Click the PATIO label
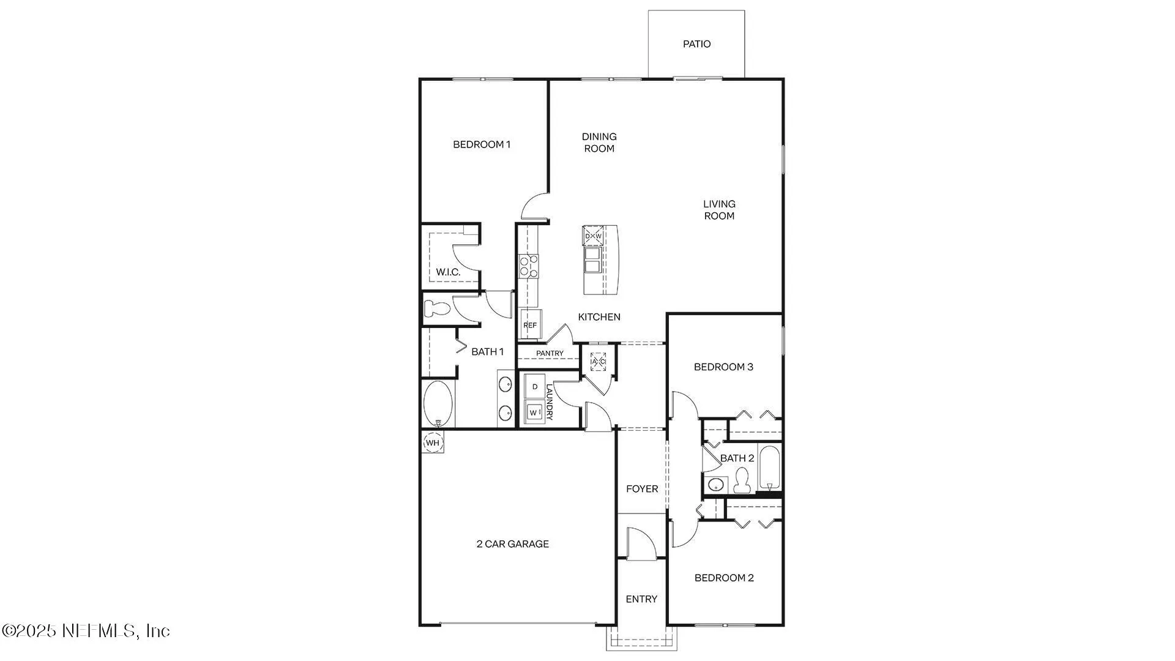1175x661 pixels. (696, 44)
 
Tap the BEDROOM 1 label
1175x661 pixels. (482, 144)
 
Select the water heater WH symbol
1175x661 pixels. (433, 443)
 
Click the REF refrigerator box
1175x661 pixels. (530, 324)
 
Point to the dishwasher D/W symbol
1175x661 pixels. (593, 236)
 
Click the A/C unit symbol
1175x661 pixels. (598, 361)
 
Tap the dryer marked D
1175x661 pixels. (535, 387)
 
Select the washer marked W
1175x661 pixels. (534, 413)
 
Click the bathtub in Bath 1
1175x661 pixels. (438, 404)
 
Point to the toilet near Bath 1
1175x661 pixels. (437, 308)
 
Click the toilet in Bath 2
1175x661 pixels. (742, 481)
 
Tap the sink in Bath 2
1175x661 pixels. (715, 485)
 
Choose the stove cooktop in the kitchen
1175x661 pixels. (529, 266)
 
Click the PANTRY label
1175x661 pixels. (550, 353)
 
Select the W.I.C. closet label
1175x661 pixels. (448, 272)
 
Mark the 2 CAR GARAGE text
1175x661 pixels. (513, 543)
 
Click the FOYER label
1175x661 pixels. (642, 488)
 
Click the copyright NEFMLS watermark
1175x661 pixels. (86, 630)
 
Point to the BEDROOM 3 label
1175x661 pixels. (723, 367)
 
